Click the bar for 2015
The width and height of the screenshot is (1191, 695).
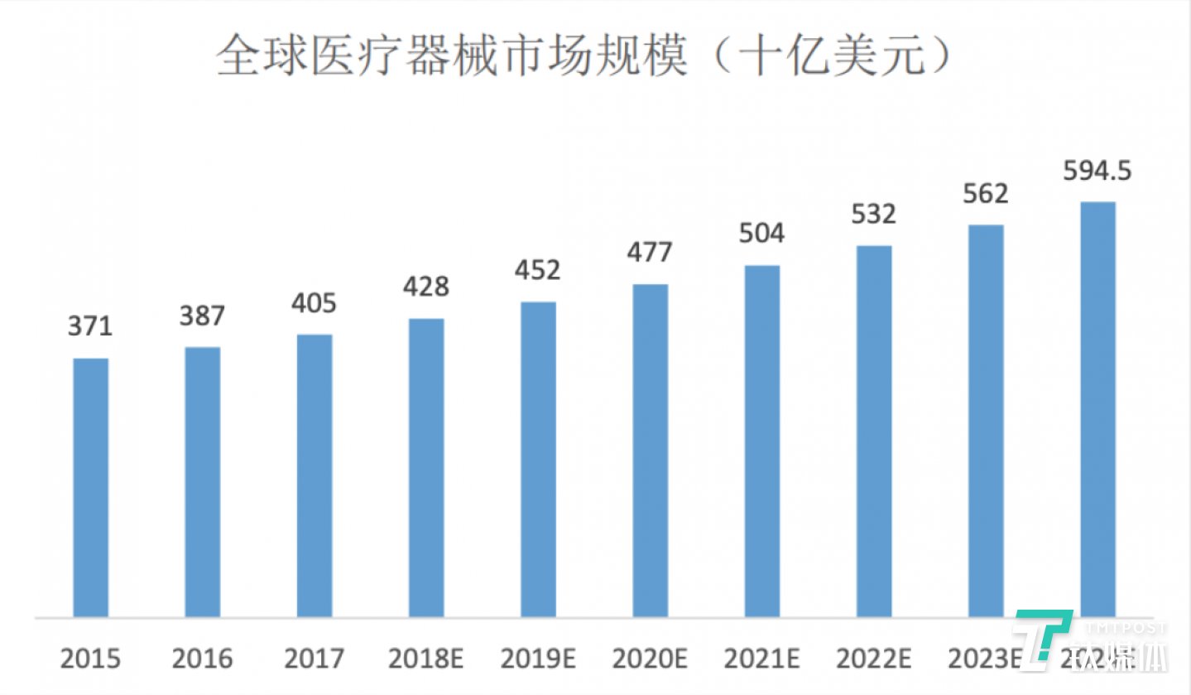pos(90,488)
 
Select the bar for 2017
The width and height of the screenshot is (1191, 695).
pos(315,476)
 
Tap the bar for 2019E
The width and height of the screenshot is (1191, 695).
pos(538,460)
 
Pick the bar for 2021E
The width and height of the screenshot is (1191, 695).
pos(762,442)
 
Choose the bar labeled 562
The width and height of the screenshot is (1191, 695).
pos(986,422)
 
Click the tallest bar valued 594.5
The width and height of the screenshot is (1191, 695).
pos(1097,410)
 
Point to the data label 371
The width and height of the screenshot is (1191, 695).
pos(90,326)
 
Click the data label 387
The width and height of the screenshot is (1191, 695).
pos(203,316)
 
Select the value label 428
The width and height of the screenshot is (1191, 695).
pos(426,287)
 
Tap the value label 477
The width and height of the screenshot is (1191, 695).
pos(650,252)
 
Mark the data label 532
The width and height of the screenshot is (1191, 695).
pos(874,215)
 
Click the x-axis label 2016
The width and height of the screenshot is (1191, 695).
pos(203,659)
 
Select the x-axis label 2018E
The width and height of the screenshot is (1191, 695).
pos(426,659)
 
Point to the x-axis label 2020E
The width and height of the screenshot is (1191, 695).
pos(650,659)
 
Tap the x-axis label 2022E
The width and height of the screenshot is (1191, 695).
pos(874,659)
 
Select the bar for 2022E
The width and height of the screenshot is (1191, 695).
pos(874,432)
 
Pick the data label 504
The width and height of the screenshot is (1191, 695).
pos(762,234)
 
